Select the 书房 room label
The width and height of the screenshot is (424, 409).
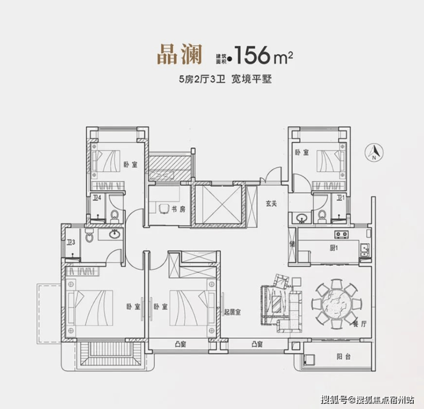179,210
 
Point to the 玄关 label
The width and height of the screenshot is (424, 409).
271,202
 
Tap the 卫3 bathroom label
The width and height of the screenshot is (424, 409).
71,242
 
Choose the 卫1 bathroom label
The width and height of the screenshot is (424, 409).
340,198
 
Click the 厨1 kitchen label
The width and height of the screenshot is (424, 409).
334,248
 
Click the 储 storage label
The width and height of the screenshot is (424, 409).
292,242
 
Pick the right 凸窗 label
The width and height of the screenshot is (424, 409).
256,344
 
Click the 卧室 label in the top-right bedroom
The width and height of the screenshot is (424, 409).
301,153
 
